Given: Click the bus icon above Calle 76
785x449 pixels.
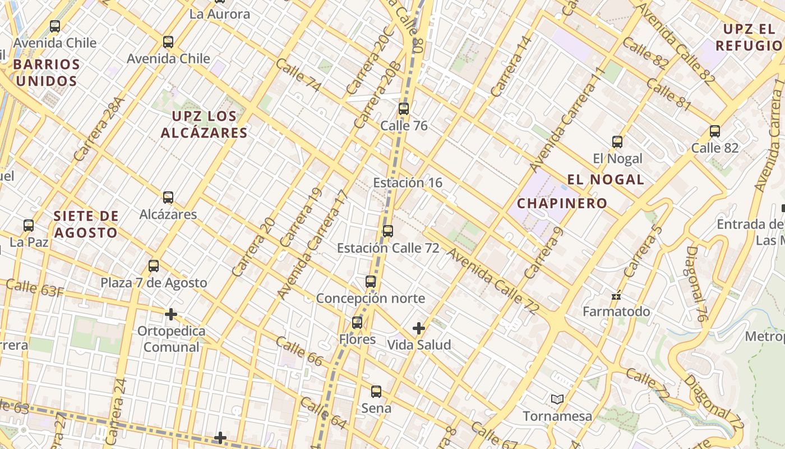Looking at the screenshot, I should (x=404, y=109).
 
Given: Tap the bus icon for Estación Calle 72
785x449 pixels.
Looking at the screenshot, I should (x=388, y=231).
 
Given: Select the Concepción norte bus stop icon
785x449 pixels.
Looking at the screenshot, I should (x=371, y=282).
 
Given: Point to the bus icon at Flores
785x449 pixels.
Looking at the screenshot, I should (x=357, y=323).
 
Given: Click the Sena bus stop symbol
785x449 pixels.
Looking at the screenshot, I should (x=376, y=392).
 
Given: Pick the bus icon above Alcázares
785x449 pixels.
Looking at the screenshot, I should (x=168, y=198).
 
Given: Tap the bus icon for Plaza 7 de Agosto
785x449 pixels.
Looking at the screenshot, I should (x=154, y=266).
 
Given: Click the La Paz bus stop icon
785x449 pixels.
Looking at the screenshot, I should (x=29, y=226).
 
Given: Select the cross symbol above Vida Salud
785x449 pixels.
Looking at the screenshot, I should (x=419, y=328).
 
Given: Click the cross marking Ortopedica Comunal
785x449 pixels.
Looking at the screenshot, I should (x=171, y=314).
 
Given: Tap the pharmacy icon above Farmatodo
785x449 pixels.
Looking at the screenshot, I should (x=616, y=295).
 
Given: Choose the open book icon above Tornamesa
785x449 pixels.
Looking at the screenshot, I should (x=557, y=400).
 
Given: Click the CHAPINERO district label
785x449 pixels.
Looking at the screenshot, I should (x=562, y=203).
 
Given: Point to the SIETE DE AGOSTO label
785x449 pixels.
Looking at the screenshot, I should (x=86, y=224).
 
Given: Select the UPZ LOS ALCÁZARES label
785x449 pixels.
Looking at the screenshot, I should (x=204, y=125).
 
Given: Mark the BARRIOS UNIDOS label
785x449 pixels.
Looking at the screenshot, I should (x=46, y=72).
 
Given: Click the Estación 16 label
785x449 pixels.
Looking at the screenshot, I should (x=408, y=182).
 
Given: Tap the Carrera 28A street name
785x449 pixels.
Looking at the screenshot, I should (x=99, y=130).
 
